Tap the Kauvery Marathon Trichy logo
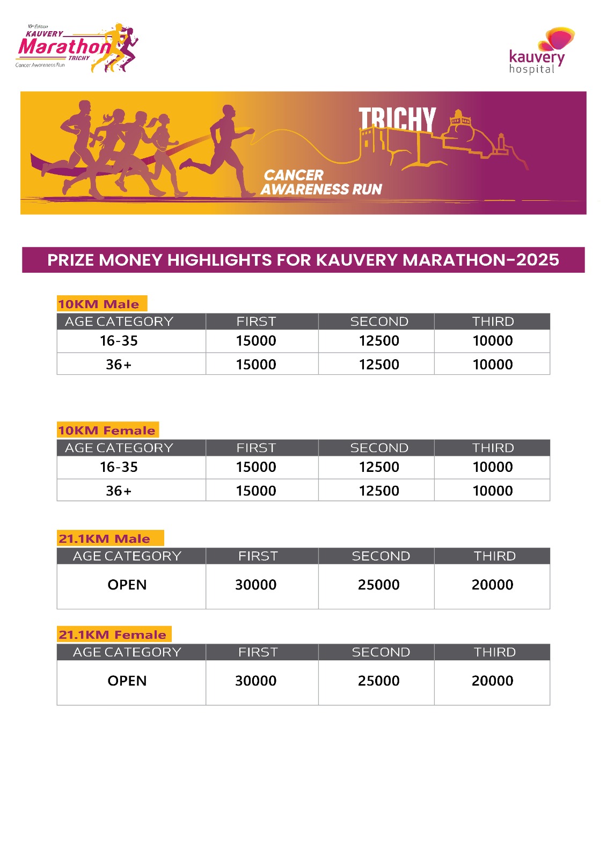pyautogui.click(x=77, y=47)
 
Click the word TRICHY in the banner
pyautogui.click(x=397, y=119)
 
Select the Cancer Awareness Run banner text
pyautogui.click(x=321, y=183)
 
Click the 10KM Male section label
pyautogui.click(x=99, y=304)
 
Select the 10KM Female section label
pyautogui.click(x=107, y=430)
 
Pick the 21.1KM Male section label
pyautogui.click(x=105, y=538)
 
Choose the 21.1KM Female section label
pyautogui.click(x=113, y=635)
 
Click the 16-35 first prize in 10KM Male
pyautogui.click(x=256, y=341)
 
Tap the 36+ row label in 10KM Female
pyautogui.click(x=119, y=491)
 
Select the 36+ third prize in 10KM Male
pyautogui.click(x=492, y=365)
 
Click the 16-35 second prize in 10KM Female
pyautogui.click(x=379, y=467)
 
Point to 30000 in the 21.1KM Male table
pyautogui.click(x=255, y=585)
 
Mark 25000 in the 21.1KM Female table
pyautogui.click(x=378, y=681)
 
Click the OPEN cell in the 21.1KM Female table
pyautogui.click(x=127, y=681)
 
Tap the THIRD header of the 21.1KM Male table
pyautogui.click(x=494, y=556)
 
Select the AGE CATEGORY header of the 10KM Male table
pyautogui.click(x=119, y=322)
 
